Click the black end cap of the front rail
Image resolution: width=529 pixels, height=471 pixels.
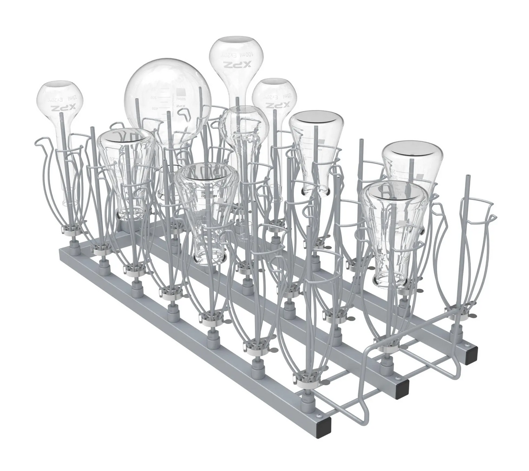(x=325, y=426)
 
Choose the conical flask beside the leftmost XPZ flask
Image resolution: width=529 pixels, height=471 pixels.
(x=126, y=168)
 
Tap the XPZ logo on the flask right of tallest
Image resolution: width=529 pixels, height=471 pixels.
(x=278, y=105)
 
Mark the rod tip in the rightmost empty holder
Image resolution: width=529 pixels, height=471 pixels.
(x=467, y=179)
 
